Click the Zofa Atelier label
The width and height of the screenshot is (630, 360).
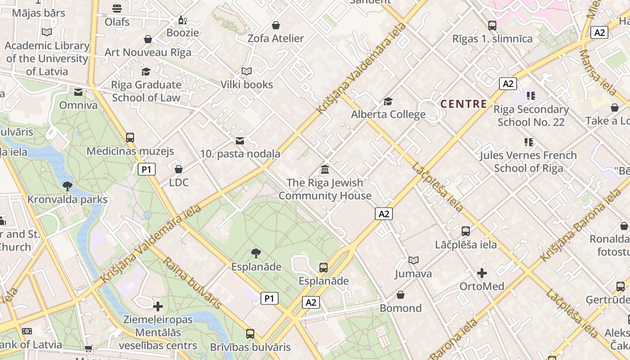pos(275,39)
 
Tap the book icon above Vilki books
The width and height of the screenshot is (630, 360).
pos(247,71)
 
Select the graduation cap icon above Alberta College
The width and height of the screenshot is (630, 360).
pos(388,101)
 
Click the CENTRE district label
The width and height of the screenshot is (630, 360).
pos(463,104)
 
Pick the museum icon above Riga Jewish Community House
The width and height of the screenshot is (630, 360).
pos(324,170)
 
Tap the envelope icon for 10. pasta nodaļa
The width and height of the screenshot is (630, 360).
pos(240,141)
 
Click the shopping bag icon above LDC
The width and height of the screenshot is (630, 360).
pos(179,169)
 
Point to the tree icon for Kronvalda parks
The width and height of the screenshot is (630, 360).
pos(67,186)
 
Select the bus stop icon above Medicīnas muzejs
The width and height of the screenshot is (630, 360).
pos(130,138)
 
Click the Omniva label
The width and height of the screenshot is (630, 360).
pos(78,105)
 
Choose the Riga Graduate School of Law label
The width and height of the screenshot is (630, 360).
pos(146,91)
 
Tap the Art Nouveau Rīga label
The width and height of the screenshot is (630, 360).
pos(148,52)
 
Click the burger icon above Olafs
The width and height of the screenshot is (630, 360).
pos(117,8)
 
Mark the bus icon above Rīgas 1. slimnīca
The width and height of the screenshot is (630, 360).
pos(492,26)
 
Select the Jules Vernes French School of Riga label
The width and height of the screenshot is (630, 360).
pos(528,162)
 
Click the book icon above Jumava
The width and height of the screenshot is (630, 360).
pos(413,260)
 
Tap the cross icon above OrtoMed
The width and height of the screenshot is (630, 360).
pos(481,273)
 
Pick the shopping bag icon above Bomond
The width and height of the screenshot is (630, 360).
pos(400,295)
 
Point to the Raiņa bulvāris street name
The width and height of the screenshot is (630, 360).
pos(193,283)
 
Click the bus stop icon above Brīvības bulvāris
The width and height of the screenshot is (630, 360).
pos(250,334)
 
